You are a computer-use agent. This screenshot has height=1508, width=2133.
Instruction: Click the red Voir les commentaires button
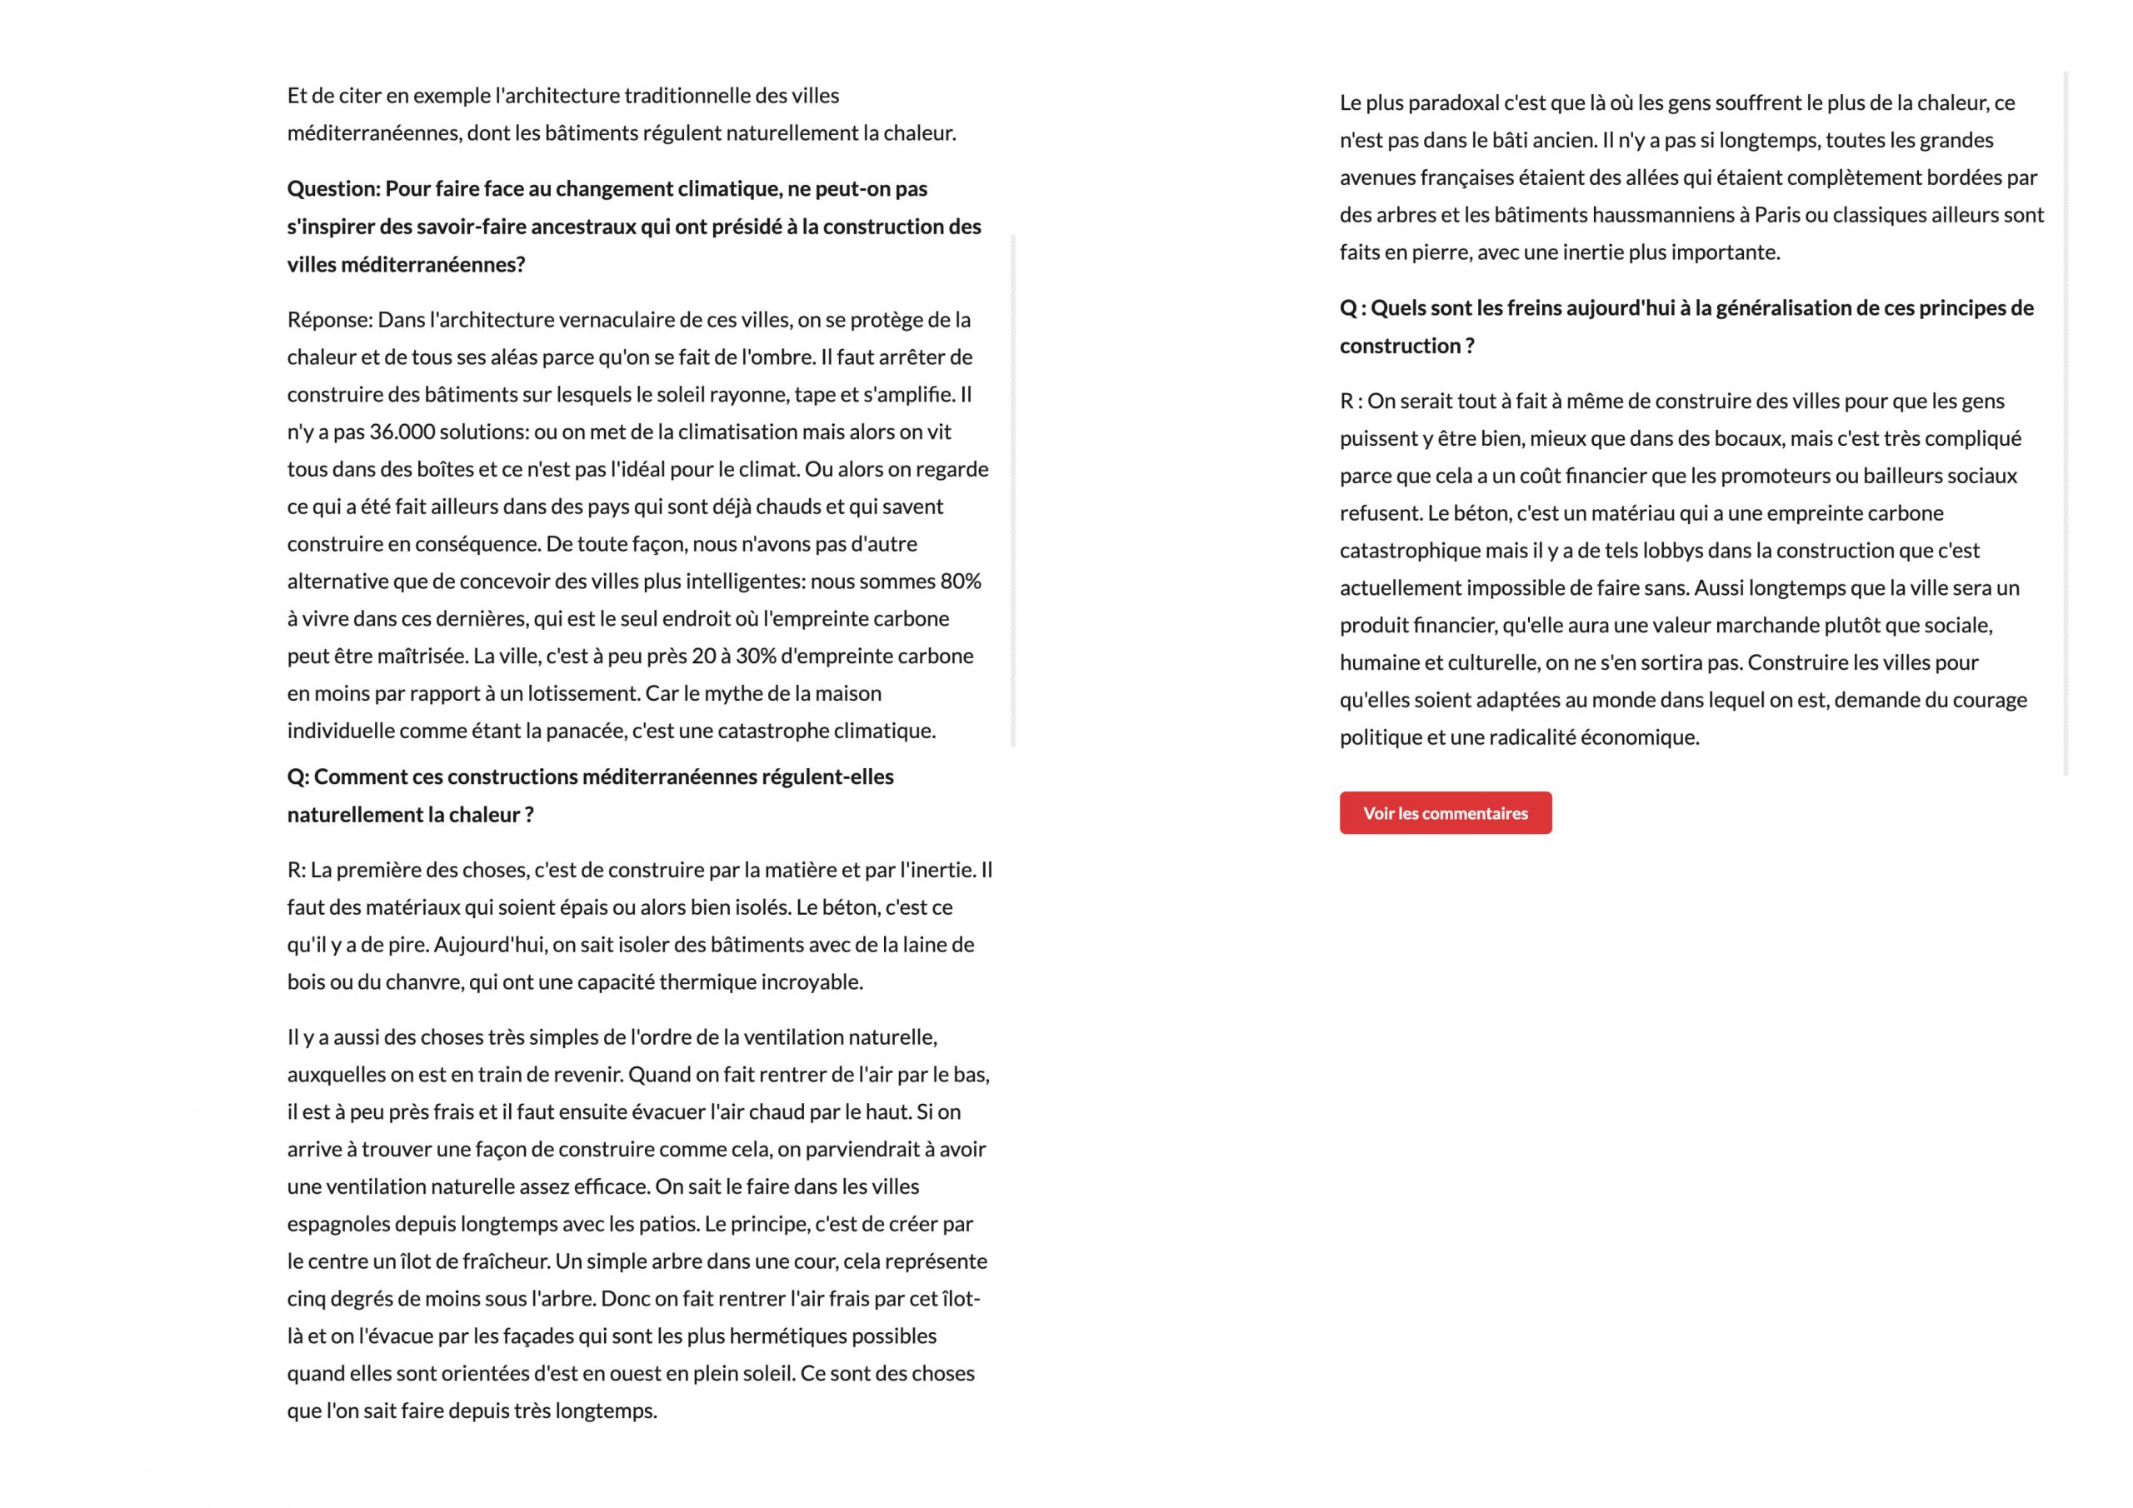pos(1445,813)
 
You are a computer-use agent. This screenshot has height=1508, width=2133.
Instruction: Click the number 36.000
pos(402,432)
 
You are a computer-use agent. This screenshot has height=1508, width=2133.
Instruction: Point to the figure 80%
pos(961,582)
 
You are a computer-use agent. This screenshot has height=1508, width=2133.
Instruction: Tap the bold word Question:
pos(333,188)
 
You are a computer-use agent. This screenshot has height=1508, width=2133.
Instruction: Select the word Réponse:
pos(330,320)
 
